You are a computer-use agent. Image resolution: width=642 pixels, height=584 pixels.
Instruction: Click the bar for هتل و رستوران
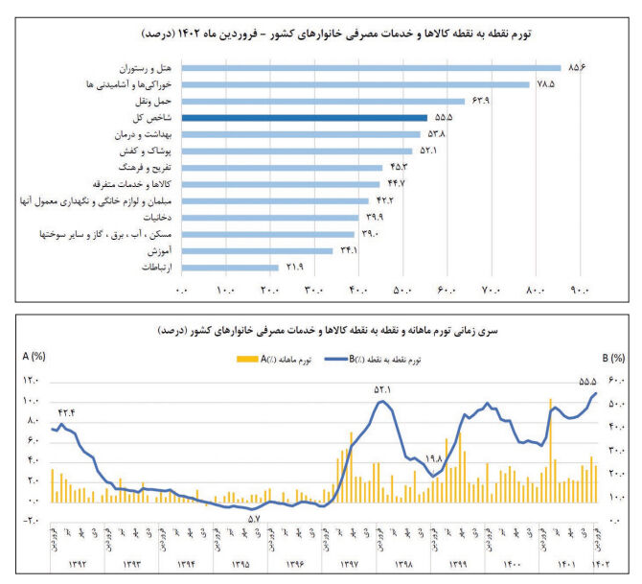370,67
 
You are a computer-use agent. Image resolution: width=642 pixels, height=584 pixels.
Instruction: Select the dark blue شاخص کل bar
304,118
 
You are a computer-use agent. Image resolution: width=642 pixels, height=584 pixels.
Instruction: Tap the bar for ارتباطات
229,268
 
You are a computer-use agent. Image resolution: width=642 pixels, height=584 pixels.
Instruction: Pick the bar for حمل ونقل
322,101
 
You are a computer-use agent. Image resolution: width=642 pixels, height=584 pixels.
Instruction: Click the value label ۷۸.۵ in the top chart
546,84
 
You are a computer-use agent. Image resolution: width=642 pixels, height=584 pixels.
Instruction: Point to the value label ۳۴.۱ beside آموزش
347,251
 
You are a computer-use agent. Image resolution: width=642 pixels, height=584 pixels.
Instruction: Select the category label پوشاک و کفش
141,151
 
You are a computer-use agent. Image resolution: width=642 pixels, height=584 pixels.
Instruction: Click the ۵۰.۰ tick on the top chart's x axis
403,292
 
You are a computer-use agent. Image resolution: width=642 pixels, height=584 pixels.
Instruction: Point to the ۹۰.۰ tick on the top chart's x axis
581,292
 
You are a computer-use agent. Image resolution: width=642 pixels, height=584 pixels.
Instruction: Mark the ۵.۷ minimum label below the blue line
254,520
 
